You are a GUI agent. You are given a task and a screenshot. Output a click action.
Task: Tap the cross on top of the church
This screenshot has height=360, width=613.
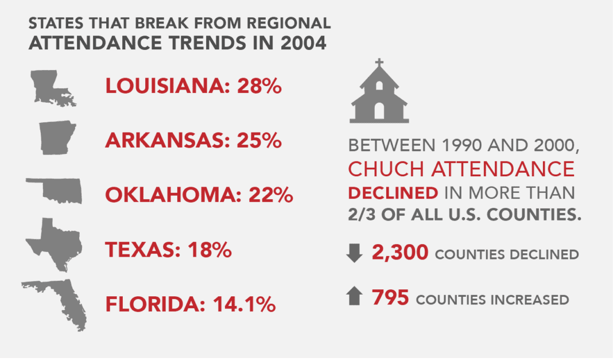pos(379,63)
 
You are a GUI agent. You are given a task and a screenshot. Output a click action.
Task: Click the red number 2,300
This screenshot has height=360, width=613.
pos(399,253)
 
